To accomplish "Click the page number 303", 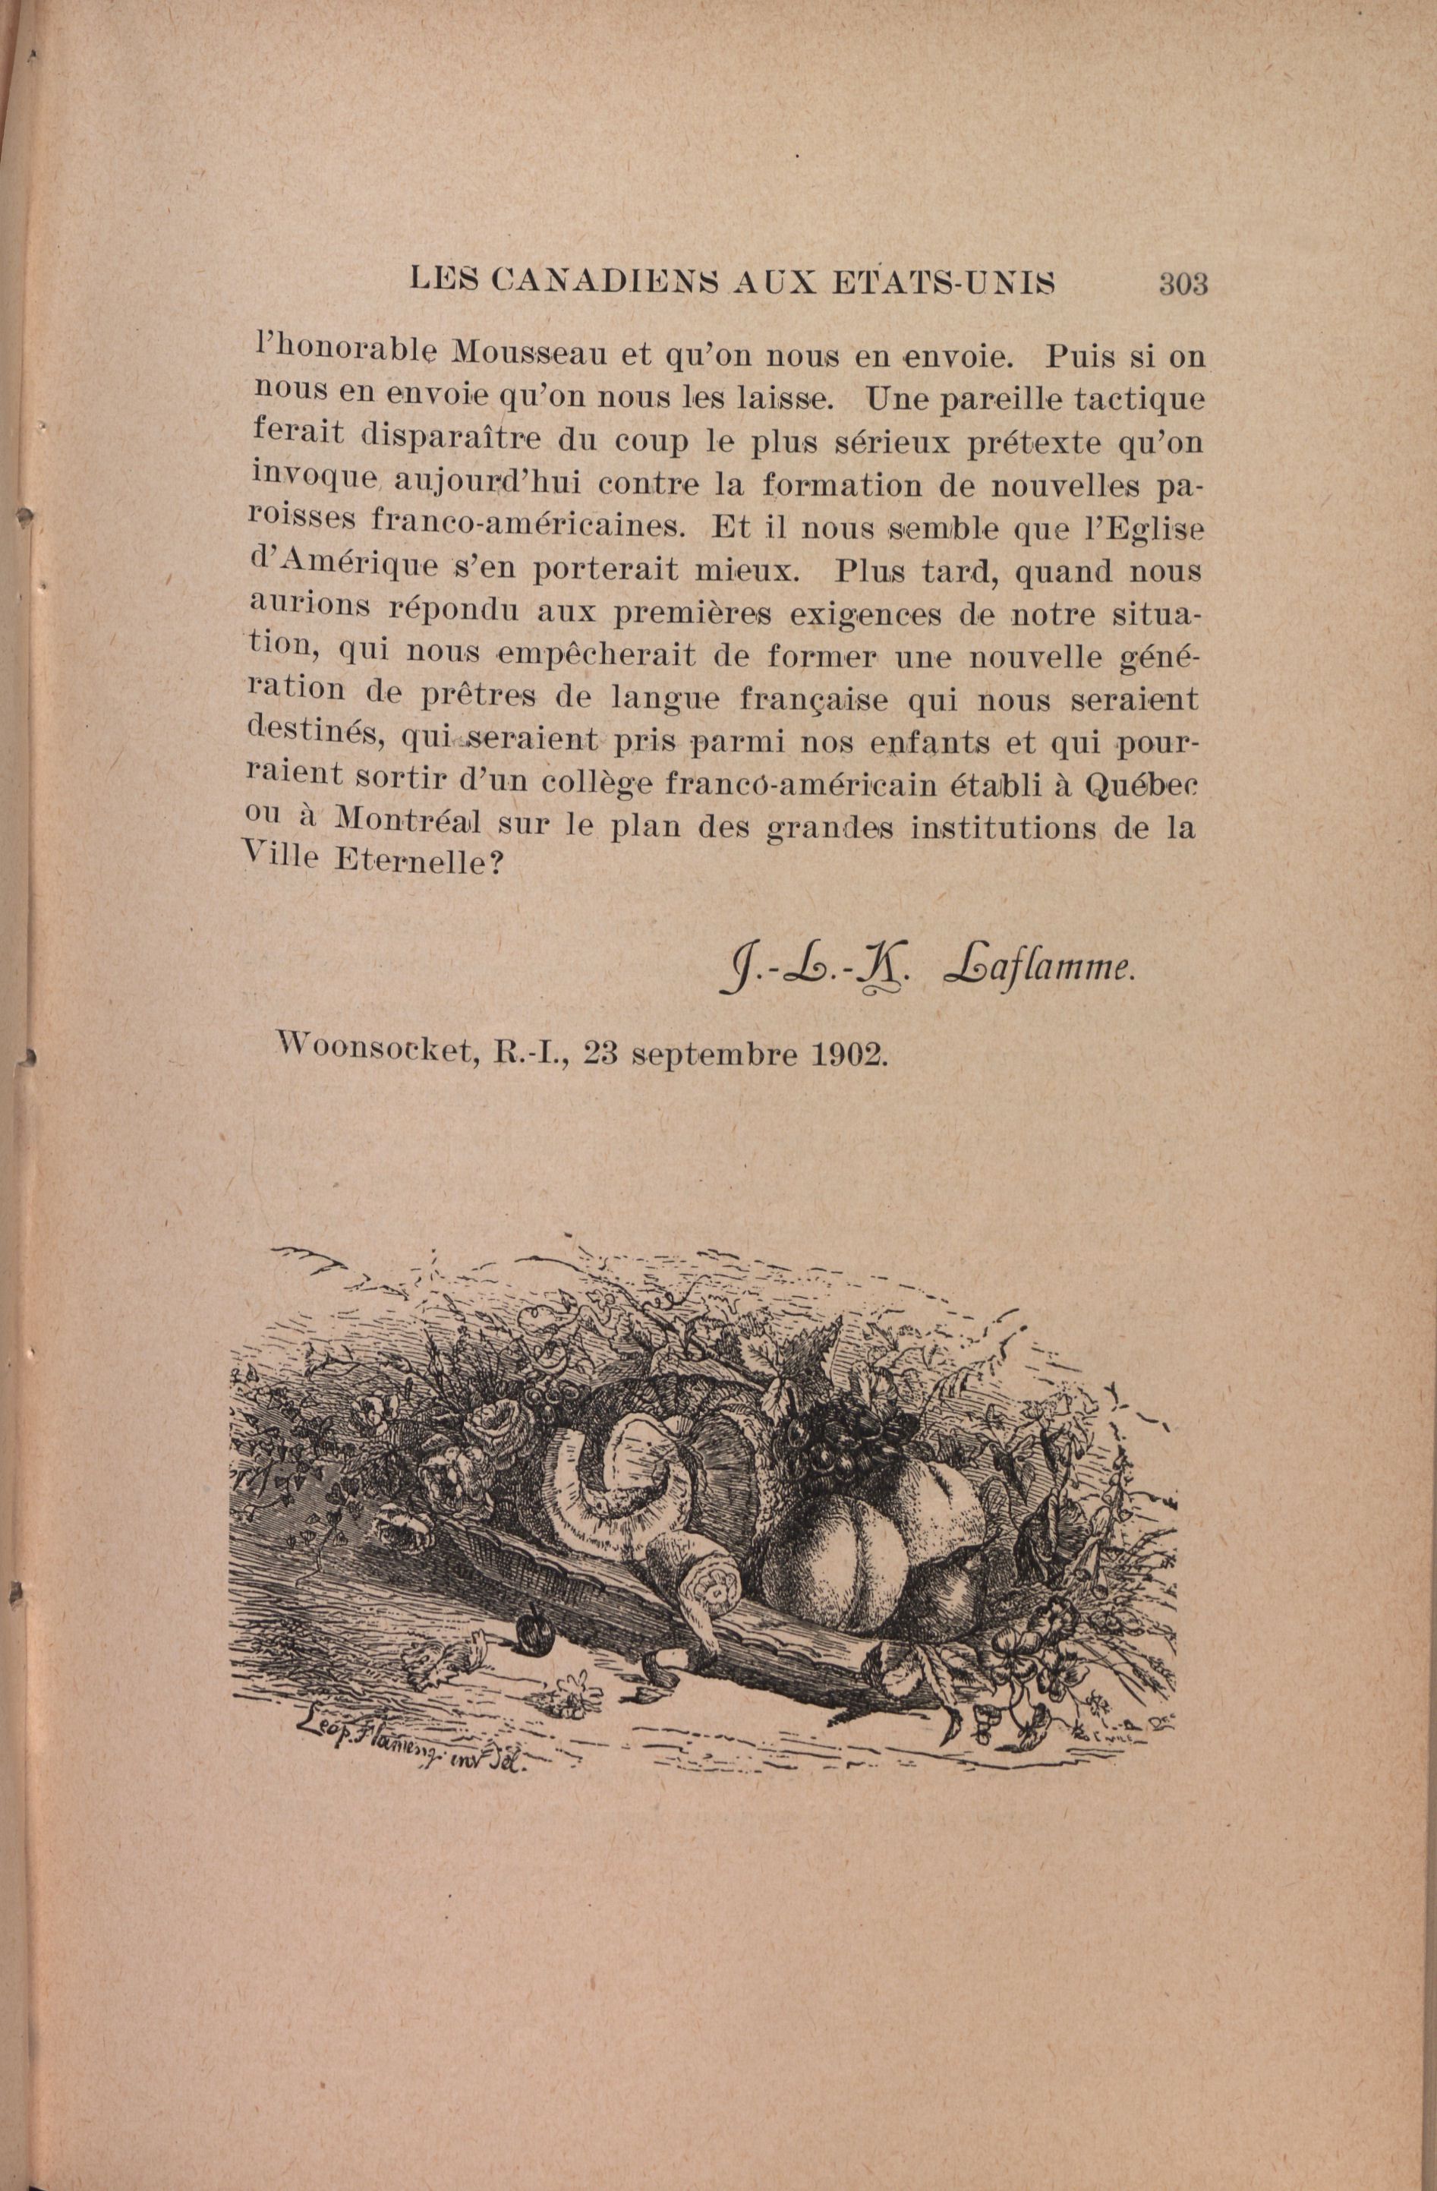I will tap(1182, 283).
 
